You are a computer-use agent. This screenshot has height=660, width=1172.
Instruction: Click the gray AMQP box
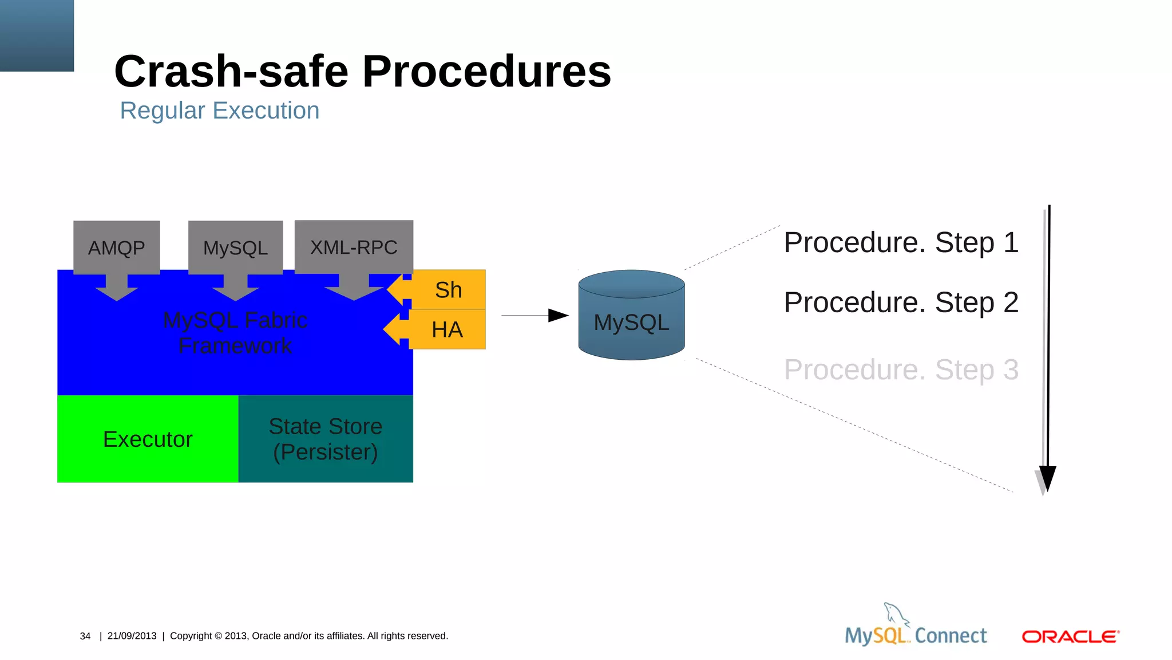[x=116, y=247]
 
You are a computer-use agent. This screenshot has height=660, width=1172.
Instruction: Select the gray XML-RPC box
[x=354, y=247]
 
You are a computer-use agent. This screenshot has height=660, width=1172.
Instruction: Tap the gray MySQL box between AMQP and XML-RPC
[x=235, y=247]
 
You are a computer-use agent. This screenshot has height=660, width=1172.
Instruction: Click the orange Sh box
[x=449, y=290]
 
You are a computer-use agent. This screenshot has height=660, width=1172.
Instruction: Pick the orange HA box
[x=448, y=329]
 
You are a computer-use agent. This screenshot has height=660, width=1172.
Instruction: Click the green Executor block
[x=148, y=439]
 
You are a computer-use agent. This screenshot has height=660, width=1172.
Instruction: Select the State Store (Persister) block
[x=326, y=439]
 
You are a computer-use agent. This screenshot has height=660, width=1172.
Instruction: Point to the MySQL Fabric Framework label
[x=235, y=333]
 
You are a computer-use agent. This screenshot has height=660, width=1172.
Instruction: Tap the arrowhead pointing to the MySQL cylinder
[x=558, y=315]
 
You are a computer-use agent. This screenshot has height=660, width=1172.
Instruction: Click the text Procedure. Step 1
[x=901, y=242]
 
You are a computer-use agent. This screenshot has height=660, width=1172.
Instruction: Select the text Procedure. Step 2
[x=901, y=302]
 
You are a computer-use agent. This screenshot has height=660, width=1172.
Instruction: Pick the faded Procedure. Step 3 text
[x=901, y=370]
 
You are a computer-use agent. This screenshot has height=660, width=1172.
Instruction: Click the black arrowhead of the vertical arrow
[x=1047, y=478]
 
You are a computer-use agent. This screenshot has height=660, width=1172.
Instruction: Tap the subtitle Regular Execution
[x=219, y=111]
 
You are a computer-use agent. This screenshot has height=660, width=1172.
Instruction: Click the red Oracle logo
[x=1070, y=637]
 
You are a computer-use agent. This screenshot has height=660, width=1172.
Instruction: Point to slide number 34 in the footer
[x=85, y=636]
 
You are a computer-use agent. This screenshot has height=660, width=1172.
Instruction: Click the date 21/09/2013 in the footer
[x=132, y=636]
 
